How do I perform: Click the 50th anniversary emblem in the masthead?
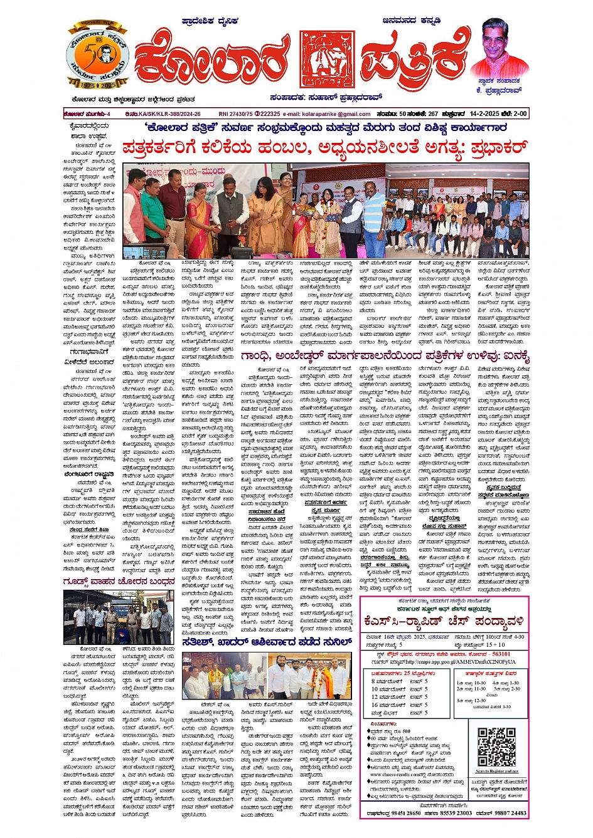[97, 57]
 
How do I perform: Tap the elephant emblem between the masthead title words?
[327, 59]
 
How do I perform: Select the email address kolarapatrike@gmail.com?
[337, 114]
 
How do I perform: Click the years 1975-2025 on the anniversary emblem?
[97, 84]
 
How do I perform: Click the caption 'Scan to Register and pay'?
[497, 771]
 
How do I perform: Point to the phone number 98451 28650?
[401, 813]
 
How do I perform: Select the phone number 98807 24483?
[509, 813]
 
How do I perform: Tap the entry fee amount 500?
[407, 731]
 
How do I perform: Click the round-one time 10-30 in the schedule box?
[480, 683]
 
